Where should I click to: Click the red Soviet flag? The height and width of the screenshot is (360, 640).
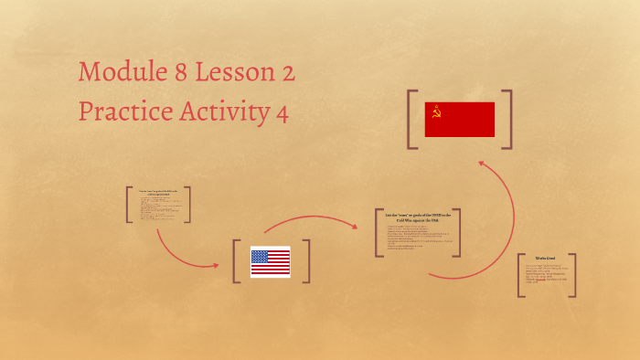point(460,120)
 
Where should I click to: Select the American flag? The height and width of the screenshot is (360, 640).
point(270,262)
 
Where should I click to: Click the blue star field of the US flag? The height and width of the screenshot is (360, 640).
point(260,256)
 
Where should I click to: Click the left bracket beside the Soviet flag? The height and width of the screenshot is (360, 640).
point(413,120)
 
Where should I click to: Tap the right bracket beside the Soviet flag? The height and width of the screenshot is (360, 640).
point(507,120)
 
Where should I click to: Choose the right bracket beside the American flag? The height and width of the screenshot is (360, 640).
point(306,261)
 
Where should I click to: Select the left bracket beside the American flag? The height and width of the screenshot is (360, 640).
point(236,261)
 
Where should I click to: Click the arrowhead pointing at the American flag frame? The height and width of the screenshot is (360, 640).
point(216,266)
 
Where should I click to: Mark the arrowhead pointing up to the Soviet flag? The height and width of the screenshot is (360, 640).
point(483,165)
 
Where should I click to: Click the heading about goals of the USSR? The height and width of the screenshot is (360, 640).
point(417,217)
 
